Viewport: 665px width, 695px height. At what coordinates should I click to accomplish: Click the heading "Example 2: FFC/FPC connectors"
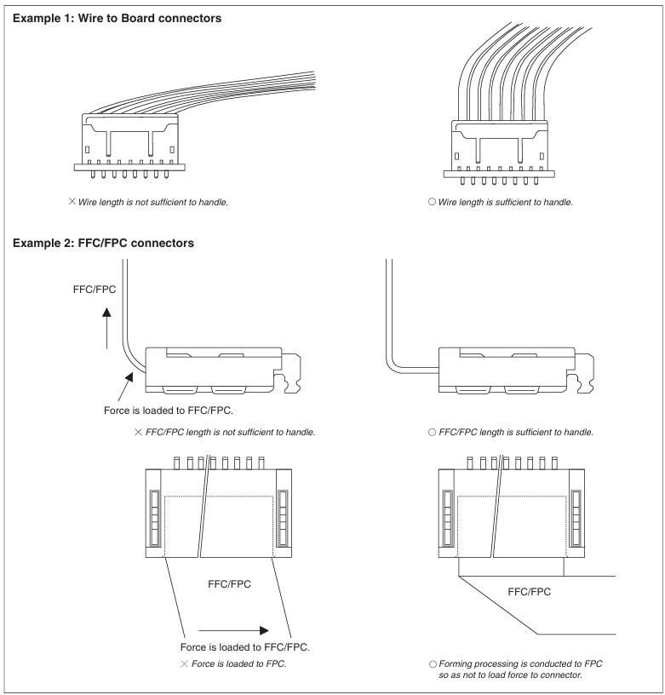coord(104,244)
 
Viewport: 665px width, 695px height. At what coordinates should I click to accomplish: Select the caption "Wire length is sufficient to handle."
coord(505,203)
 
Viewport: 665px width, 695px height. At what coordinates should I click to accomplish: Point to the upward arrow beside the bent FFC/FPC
coord(106,329)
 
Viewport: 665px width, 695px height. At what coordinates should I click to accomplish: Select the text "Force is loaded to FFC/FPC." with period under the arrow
coord(245,647)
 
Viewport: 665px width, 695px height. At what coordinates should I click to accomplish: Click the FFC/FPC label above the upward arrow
coord(95,289)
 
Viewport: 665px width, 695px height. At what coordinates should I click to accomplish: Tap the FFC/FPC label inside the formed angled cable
coord(530,591)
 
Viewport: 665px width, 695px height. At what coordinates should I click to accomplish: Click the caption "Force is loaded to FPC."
coord(238,663)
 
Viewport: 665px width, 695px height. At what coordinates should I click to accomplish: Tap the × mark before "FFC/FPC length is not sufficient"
coord(138,433)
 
